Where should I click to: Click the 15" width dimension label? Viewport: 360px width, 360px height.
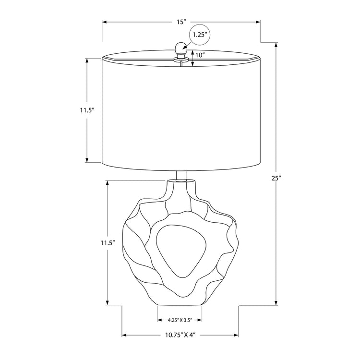[x=180, y=22]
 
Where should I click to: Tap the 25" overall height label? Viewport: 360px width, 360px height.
[x=276, y=178]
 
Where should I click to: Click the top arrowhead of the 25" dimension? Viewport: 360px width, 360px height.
[x=276, y=45]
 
